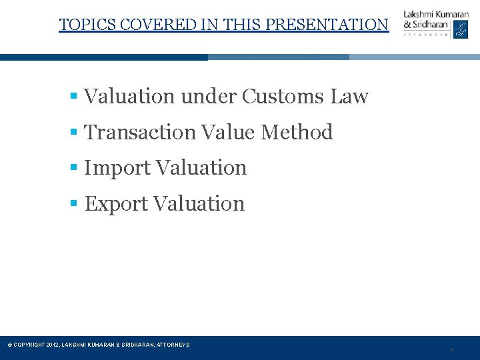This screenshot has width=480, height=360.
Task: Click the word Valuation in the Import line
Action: (x=200, y=167)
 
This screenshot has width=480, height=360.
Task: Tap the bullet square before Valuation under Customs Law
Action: (x=75, y=97)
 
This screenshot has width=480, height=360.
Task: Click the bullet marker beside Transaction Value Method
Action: (x=75, y=133)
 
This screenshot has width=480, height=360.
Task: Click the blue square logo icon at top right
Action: (x=461, y=29)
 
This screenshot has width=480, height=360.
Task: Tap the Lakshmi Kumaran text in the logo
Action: (x=436, y=15)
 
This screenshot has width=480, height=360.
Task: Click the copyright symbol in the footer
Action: (x=9, y=345)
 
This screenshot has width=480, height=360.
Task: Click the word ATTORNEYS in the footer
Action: (x=173, y=345)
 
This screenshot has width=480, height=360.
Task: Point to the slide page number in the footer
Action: (x=451, y=350)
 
